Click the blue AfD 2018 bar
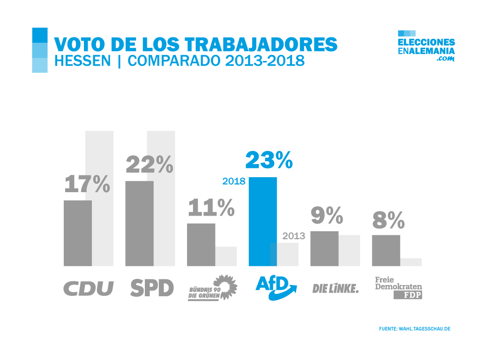coord(262,221)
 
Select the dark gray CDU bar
coord(78,233)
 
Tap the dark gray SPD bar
coord(139,223)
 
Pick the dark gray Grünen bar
coord(201,244)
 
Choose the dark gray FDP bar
coord(386,250)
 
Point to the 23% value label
coord(269,160)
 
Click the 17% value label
coord(87,184)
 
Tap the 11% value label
coord(211,208)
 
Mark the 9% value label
coord(327,216)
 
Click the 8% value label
coord(389,220)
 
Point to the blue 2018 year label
coord(234,181)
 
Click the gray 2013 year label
coord(294,236)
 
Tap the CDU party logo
coord(89,288)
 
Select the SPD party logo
coord(152,288)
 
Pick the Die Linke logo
coord(335,288)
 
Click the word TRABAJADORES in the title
coord(262,44)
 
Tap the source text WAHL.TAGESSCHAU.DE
coord(424,329)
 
